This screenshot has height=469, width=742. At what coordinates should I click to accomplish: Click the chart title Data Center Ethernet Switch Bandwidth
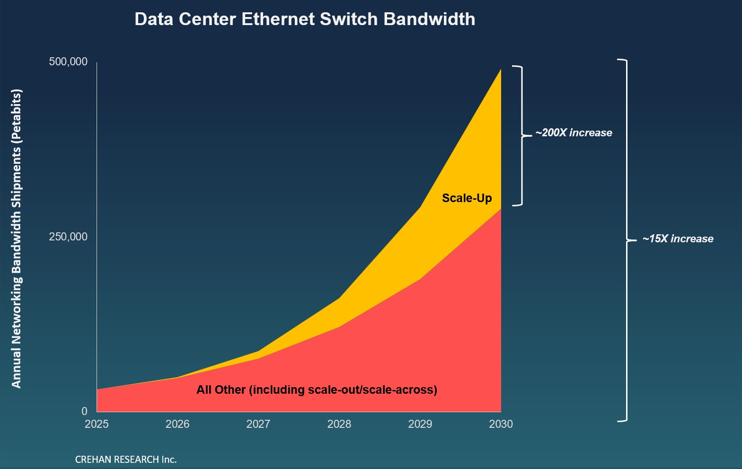click(305, 19)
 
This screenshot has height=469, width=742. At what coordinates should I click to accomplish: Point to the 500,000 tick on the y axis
click(68, 62)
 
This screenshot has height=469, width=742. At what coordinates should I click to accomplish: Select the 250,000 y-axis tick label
click(68, 237)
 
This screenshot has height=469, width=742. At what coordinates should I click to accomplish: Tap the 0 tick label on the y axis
click(85, 411)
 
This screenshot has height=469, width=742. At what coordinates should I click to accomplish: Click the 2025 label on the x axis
click(97, 424)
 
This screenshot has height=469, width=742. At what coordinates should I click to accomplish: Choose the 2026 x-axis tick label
click(177, 424)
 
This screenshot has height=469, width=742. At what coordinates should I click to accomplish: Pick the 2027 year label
click(258, 424)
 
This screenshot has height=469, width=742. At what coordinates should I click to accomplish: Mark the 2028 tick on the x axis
click(339, 424)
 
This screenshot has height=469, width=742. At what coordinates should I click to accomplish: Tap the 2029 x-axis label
click(420, 424)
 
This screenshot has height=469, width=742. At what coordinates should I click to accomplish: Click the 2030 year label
click(501, 424)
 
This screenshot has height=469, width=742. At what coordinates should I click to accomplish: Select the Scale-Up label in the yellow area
click(467, 198)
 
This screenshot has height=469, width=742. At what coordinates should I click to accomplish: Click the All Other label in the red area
click(317, 390)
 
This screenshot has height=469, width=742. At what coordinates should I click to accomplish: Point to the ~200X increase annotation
click(574, 133)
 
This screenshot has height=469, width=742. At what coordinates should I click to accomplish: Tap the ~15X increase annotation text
click(678, 239)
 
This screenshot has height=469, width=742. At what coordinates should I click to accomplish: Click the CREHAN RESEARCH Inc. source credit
click(126, 460)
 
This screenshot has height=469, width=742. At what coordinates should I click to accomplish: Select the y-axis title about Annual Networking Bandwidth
click(17, 239)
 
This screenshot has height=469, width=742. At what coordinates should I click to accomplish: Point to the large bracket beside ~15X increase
click(626, 240)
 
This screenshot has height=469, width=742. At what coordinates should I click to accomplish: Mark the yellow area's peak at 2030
click(500, 70)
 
